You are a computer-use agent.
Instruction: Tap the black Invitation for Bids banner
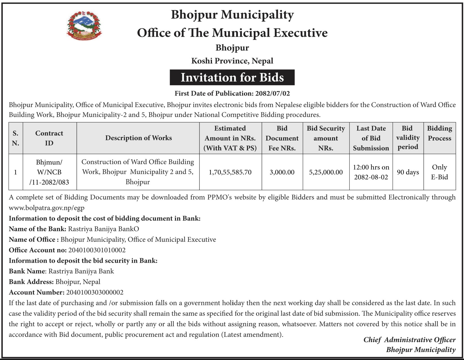coord(232,78)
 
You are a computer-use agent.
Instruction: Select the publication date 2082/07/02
coord(272,93)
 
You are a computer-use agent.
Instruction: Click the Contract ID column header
coord(49,138)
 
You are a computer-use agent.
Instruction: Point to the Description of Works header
coord(138,138)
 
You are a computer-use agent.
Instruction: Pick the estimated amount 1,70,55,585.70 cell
coord(230,172)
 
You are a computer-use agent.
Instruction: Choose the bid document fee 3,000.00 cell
coord(282,172)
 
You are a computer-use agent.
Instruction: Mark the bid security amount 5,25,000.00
coord(326,172)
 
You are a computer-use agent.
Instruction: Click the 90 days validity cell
coord(408,172)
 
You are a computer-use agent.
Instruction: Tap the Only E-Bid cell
coord(439,172)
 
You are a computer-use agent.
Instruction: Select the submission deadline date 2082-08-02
coord(371,177)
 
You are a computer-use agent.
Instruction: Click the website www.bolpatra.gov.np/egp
coord(47,208)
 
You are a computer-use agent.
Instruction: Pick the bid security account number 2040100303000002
coord(95,292)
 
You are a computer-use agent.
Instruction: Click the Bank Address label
coord(31,282)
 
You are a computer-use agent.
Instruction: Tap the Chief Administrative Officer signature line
coord(409,340)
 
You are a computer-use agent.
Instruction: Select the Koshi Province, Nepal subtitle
coord(232,61)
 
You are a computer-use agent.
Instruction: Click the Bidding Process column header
coord(439,133)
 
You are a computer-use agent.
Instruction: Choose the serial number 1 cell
coord(16,172)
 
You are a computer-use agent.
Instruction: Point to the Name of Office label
coord(34,240)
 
